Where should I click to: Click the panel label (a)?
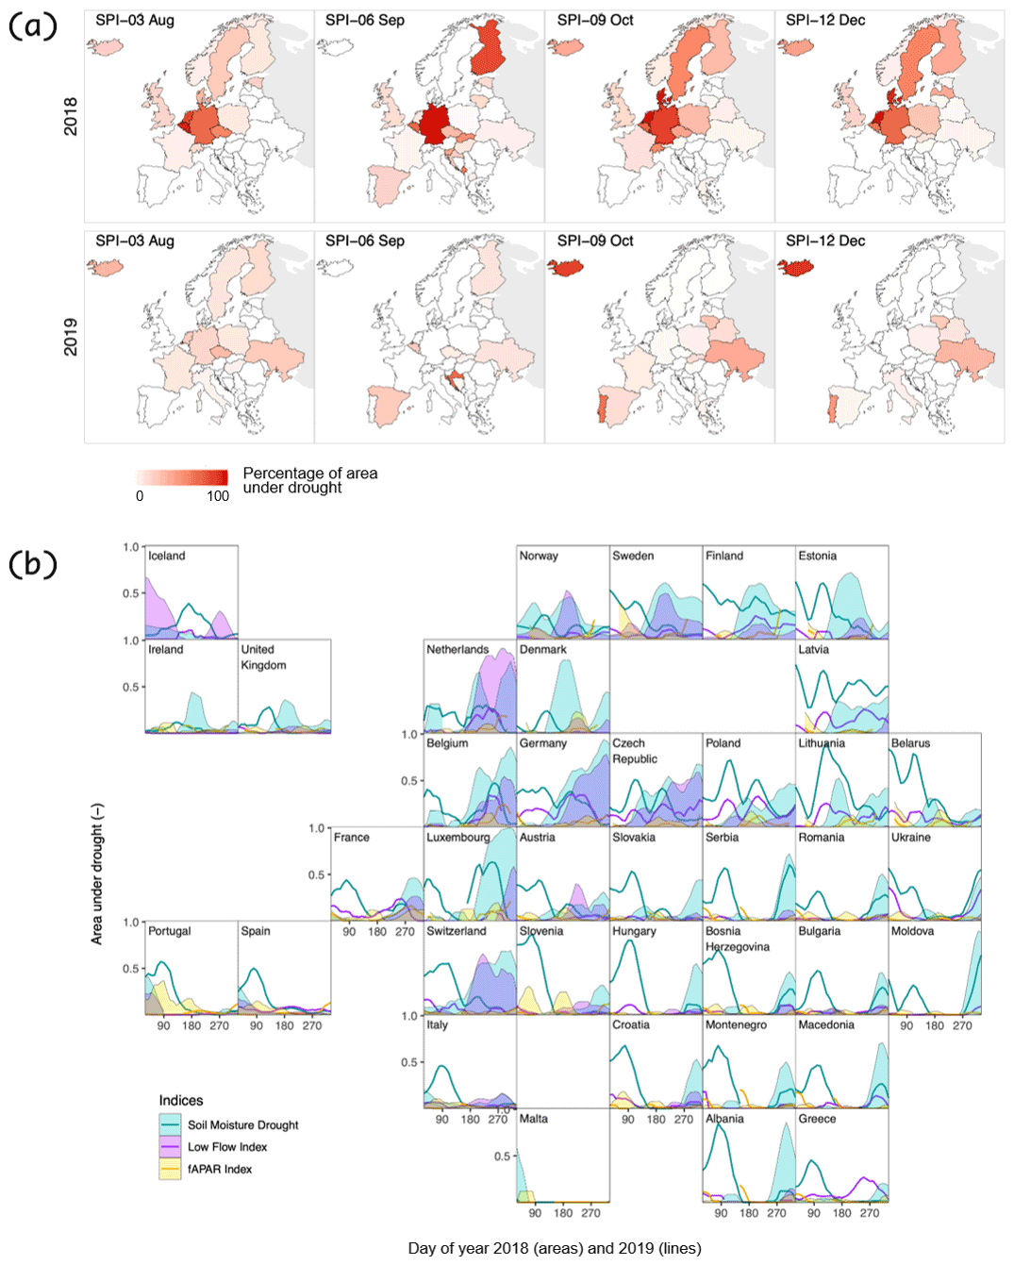pos(33,25)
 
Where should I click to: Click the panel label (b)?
pos(33,563)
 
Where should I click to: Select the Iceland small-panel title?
pos(167,557)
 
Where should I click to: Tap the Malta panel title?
pos(533,1119)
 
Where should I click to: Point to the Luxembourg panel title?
pos(457,838)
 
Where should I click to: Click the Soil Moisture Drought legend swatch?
pos(170,1124)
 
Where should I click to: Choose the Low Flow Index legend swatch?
pos(170,1147)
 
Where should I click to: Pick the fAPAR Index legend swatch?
pos(170,1170)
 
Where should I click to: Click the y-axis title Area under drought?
pos(97,874)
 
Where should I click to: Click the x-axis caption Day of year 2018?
pos(554,1248)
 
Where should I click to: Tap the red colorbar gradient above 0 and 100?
pos(182,477)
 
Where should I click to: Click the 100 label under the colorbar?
pos(218,496)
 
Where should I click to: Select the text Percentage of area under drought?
pos(309,480)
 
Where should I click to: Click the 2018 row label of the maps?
pos(71,116)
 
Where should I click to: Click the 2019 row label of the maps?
pos(71,337)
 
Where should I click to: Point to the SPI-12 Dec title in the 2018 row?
pos(825,20)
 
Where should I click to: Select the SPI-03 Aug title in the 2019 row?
pos(135,241)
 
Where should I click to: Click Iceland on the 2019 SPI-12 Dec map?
pos(795,268)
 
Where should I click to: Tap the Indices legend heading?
pos(181,1101)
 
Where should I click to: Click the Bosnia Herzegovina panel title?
pos(737,939)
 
